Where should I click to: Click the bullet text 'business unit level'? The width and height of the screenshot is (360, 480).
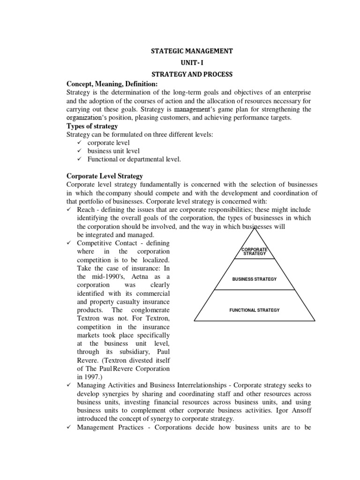pos(113,151)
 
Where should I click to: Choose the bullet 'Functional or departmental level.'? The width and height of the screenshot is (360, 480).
pos(134,159)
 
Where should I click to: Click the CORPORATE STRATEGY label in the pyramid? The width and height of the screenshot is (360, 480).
pos(255,252)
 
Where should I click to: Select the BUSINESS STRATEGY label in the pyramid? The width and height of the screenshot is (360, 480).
pos(255,279)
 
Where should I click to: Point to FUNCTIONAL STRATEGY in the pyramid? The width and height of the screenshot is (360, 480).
pos(255,310)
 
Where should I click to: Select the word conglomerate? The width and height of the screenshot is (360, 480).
pos(148,310)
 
